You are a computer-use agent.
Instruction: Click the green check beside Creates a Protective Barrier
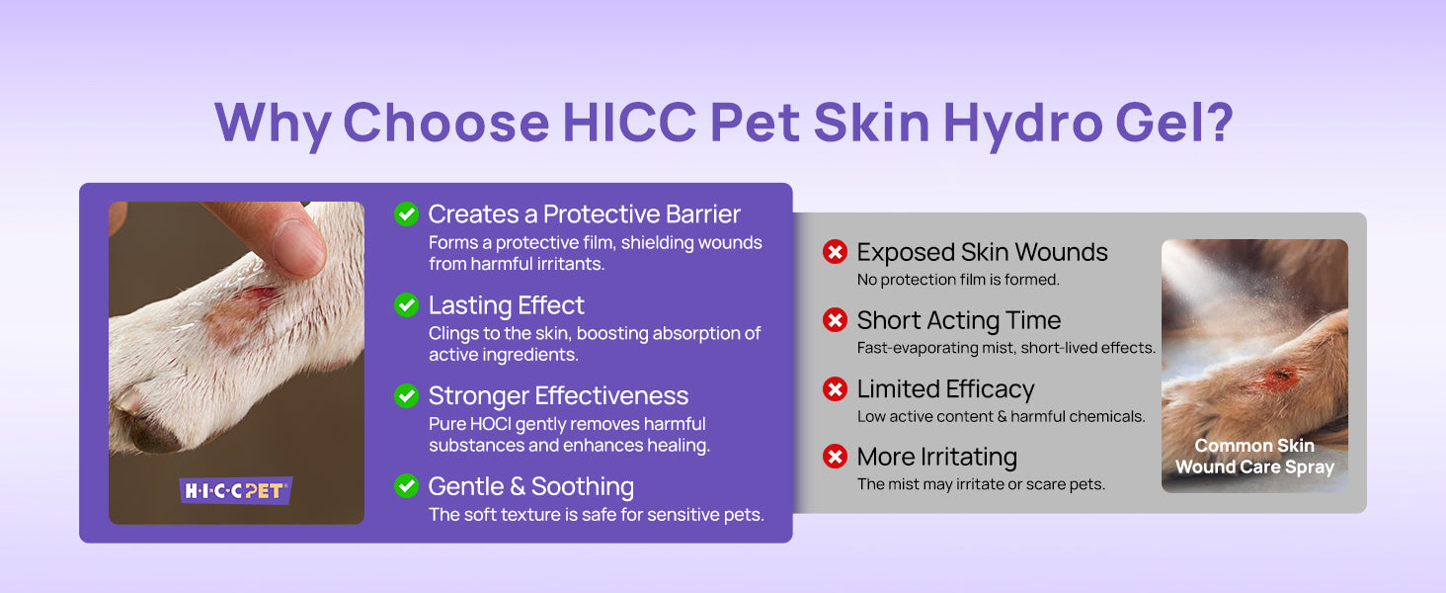click(407, 213)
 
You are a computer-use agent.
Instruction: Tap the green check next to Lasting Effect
click(407, 304)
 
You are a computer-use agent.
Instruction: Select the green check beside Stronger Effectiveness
click(407, 395)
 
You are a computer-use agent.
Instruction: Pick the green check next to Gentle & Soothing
click(407, 486)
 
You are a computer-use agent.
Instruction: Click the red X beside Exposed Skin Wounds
click(835, 252)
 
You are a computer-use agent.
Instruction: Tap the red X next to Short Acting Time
click(835, 320)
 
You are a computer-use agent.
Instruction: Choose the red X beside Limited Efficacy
click(835, 388)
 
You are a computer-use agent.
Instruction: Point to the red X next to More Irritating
click(835, 457)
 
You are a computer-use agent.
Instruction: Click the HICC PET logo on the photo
click(236, 490)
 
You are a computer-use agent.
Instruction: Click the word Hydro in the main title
click(1022, 123)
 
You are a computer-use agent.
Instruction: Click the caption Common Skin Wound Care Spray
click(1254, 456)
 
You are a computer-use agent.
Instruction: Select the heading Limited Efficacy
click(945, 388)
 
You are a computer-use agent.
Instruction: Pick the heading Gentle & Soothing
click(531, 486)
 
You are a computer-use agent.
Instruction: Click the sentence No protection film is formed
click(958, 280)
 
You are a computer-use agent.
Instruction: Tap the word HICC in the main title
click(629, 122)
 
